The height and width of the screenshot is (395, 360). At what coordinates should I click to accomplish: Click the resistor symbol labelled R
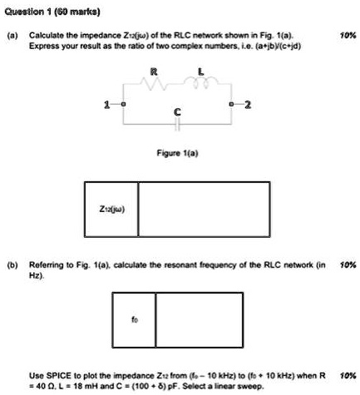[154, 83]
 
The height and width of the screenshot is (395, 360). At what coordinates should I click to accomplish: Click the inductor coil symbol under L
[201, 82]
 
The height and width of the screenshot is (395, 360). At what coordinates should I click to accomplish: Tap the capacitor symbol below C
[177, 124]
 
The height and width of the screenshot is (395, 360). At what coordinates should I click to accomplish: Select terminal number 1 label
[106, 105]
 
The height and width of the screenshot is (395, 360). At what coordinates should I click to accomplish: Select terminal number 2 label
[248, 105]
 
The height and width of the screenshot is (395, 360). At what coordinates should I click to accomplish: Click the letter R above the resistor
[154, 72]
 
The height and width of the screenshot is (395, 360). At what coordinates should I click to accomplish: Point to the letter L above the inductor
[201, 72]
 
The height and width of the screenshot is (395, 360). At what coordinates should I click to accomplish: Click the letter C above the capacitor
[177, 112]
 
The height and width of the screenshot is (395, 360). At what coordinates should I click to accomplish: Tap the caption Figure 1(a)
[177, 153]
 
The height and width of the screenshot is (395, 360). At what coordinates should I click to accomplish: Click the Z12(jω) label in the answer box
[112, 209]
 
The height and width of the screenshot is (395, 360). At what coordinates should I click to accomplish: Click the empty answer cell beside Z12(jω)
[204, 210]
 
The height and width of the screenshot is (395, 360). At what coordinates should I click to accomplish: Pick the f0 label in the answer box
[135, 319]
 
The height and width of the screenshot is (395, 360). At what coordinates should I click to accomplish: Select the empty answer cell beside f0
[200, 319]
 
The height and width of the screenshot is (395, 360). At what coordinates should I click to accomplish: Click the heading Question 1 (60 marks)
[52, 12]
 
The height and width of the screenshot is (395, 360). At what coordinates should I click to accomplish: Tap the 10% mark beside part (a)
[348, 35]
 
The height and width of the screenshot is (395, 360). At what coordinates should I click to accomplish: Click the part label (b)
[12, 265]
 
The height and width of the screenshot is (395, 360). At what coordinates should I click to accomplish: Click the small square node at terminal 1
[123, 105]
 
